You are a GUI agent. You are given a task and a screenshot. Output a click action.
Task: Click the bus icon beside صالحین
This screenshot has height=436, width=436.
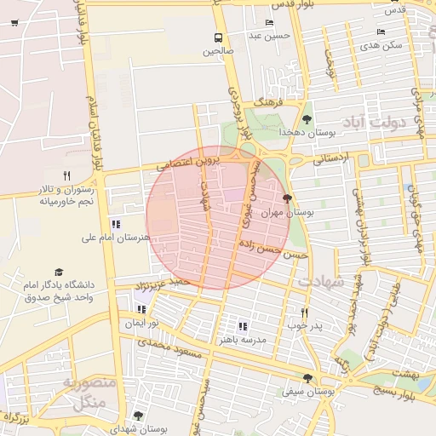pyautogui.click(x=219, y=37)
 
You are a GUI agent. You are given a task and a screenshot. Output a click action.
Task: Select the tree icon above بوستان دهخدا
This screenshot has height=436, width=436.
pyautogui.click(x=307, y=119)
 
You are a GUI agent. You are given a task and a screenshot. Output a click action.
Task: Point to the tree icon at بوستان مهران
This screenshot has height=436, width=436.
pyautogui.click(x=285, y=198)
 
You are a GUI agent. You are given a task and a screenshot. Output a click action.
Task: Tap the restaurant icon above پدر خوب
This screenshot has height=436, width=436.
pyautogui.click(x=303, y=313)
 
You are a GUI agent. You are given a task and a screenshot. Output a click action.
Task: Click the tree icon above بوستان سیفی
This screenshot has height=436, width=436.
pyautogui.click(x=307, y=379)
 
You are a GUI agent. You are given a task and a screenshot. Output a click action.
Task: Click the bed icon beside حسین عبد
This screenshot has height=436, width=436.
pyautogui.click(x=270, y=23)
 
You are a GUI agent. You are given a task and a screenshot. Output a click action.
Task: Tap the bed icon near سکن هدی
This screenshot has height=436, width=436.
pyautogui.click(x=381, y=32)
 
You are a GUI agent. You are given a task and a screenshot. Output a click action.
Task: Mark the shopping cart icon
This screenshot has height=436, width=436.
pyautogui.click(x=14, y=22)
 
